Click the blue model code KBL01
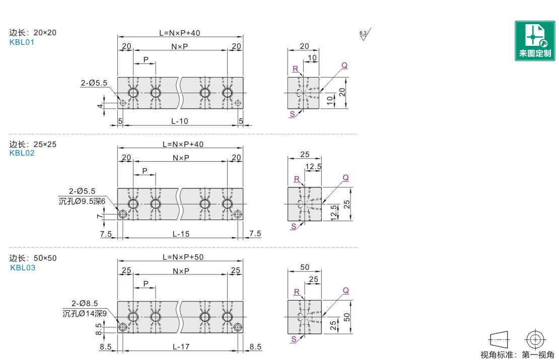click(x=22, y=42)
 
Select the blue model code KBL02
click(x=22, y=153)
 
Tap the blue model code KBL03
click(x=23, y=268)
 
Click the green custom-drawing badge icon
click(x=535, y=41)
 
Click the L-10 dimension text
click(x=180, y=121)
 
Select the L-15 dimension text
click(x=181, y=234)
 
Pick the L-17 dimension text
click(x=181, y=346)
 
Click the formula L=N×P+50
click(x=183, y=257)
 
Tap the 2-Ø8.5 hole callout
click(x=85, y=303)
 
